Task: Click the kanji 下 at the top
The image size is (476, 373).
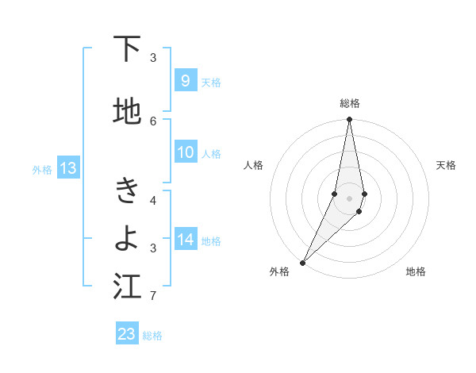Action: click(127, 50)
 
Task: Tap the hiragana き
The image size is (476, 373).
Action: click(127, 191)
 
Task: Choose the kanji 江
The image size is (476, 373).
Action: click(127, 287)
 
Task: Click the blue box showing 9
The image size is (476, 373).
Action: click(185, 80)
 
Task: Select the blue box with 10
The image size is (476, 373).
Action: click(185, 152)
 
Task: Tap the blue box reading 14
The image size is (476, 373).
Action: click(185, 239)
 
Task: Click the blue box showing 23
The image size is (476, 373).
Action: click(127, 334)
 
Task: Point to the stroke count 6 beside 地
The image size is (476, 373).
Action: click(153, 121)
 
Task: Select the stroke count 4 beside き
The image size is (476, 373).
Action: click(153, 200)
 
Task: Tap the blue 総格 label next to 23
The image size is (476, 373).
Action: click(152, 336)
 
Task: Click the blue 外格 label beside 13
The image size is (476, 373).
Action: click(42, 169)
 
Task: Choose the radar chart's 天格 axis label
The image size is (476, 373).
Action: click(446, 165)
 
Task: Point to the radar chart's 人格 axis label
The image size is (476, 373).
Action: click(253, 165)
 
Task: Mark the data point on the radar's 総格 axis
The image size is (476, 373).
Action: click(349, 120)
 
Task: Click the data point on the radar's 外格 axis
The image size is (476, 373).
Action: click(302, 262)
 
